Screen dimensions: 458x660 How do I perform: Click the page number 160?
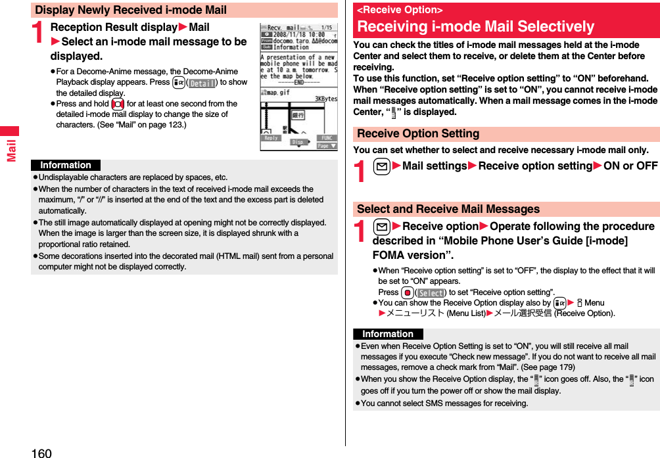[40, 452]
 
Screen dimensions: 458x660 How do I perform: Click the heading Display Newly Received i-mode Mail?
[131, 10]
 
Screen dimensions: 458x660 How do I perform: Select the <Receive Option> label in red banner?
[400, 10]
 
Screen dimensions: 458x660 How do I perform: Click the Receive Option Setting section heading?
[418, 133]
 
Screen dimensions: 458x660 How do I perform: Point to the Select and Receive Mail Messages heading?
[448, 209]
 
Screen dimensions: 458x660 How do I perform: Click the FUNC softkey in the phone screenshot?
[327, 138]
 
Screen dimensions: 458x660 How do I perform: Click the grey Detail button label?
[202, 83]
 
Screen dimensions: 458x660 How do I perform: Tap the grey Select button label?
[431, 292]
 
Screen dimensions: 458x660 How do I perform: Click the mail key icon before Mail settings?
[383, 166]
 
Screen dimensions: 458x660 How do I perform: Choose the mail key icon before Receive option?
[383, 227]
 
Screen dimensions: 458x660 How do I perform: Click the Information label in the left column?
[66, 166]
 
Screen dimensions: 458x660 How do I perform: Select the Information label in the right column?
[388, 334]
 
